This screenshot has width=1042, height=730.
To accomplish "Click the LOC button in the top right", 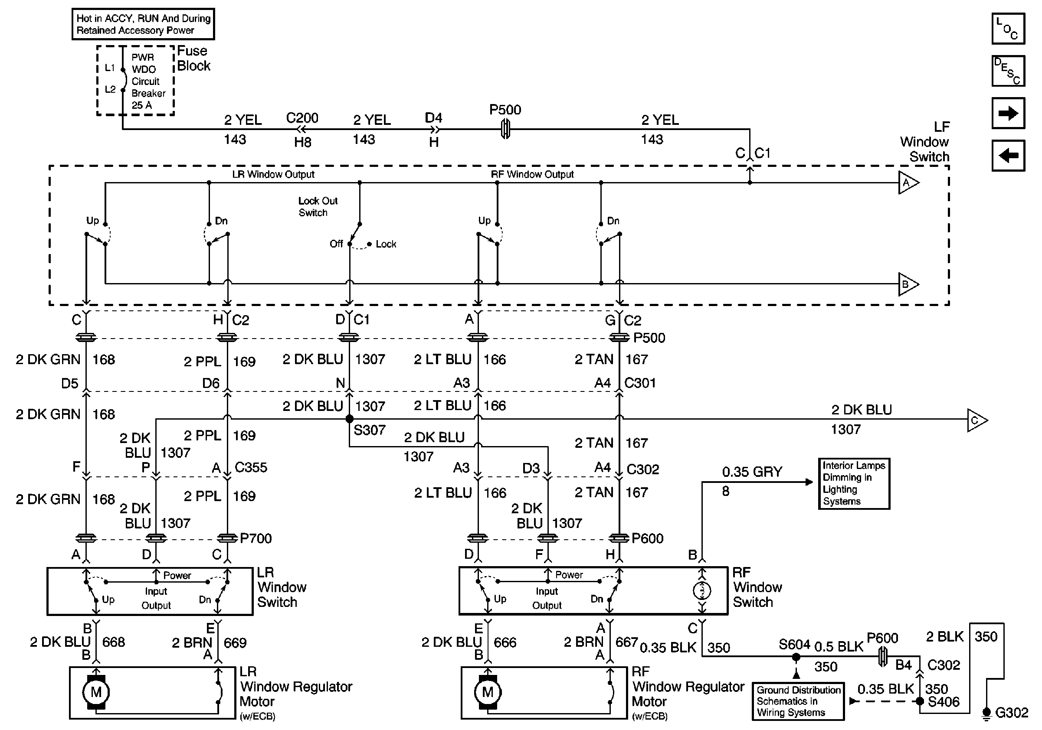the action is [x=1008, y=29].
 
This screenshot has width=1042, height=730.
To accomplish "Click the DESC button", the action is [x=1008, y=71].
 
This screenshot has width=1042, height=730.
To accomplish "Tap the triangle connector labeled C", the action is [x=977, y=420].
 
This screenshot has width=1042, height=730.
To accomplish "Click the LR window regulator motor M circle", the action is [x=96, y=692].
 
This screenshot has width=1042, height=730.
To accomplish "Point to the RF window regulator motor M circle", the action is [x=488, y=692].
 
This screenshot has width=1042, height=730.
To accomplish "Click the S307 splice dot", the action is [x=350, y=419].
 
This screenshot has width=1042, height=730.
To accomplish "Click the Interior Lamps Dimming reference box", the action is [x=854, y=483].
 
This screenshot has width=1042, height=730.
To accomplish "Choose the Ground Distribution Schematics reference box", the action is [x=798, y=701].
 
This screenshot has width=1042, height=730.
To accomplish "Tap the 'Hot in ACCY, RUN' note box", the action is [x=144, y=24].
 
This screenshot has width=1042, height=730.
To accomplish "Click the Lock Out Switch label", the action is [x=318, y=206].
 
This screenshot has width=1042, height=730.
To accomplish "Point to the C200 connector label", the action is [x=302, y=118].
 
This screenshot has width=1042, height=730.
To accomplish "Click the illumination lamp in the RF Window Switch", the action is [x=702, y=590].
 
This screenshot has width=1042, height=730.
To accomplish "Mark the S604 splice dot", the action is [x=796, y=656].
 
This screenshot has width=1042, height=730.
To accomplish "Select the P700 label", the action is [x=256, y=538].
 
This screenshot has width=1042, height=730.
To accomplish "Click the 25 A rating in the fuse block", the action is [x=141, y=105].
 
